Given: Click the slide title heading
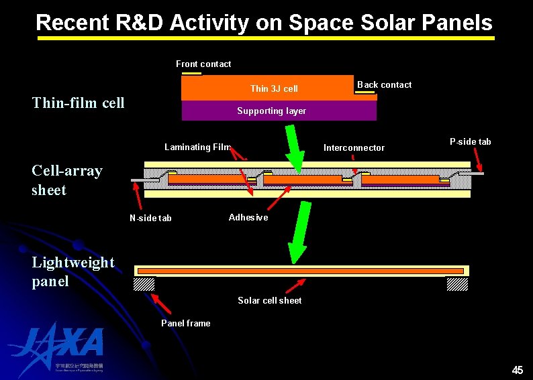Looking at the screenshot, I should (x=264, y=23).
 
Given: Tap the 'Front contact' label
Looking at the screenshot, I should (x=203, y=64).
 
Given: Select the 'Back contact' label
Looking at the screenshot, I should (x=384, y=84).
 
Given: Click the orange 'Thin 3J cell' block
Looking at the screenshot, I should (x=269, y=88).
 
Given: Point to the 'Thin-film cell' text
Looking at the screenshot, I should (x=79, y=103).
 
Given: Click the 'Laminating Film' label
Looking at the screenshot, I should (x=197, y=147).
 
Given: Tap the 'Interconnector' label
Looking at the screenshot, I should (x=354, y=147).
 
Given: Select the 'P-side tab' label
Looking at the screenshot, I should (x=470, y=141).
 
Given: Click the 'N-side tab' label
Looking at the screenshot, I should (x=150, y=218).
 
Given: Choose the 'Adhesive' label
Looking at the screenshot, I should (x=248, y=217).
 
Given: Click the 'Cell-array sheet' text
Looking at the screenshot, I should (x=66, y=180).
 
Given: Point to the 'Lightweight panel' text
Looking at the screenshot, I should (x=72, y=271).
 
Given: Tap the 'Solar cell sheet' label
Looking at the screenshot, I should (x=269, y=300).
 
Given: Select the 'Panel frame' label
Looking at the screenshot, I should (x=185, y=323).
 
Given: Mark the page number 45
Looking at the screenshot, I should (x=517, y=370).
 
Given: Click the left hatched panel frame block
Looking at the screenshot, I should (x=144, y=284).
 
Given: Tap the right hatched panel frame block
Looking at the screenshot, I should (x=457, y=284).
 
